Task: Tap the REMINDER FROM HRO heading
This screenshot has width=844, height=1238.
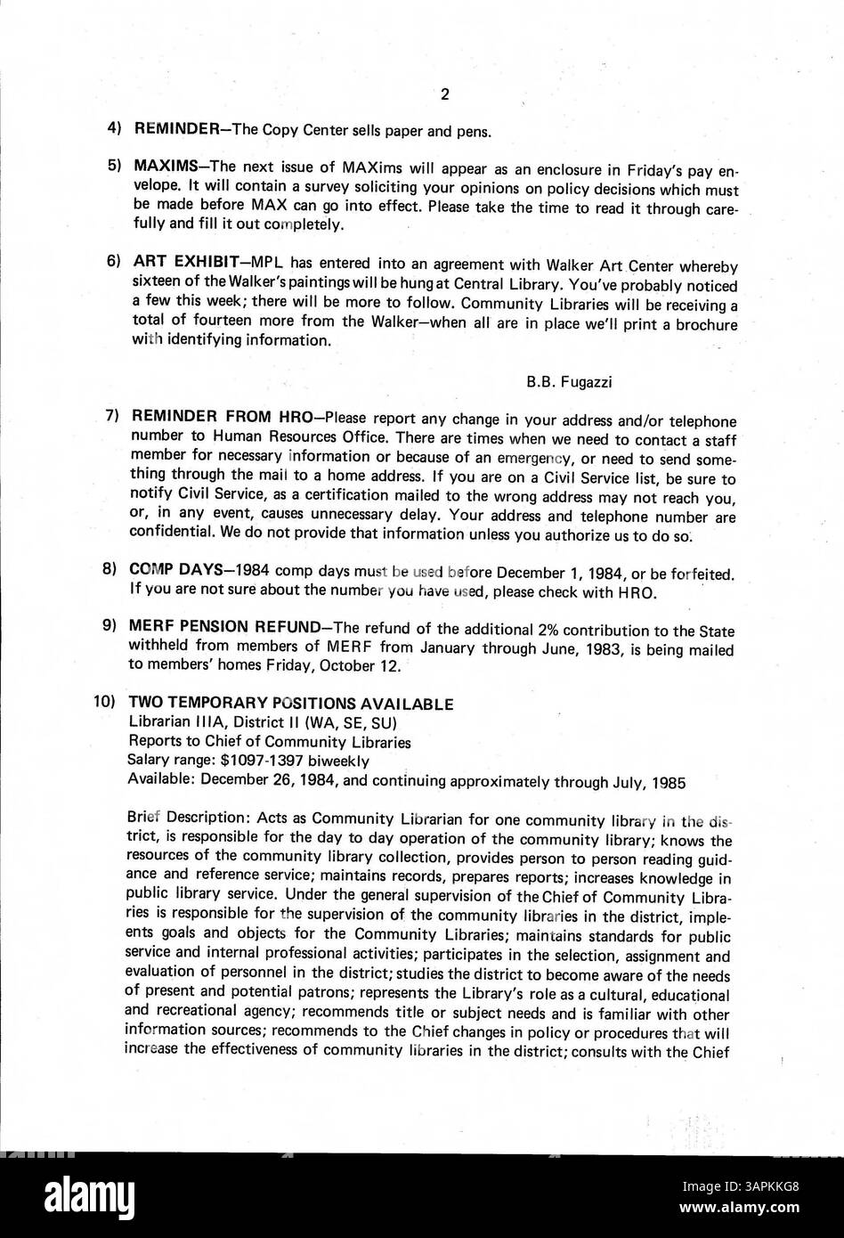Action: coord(214,417)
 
